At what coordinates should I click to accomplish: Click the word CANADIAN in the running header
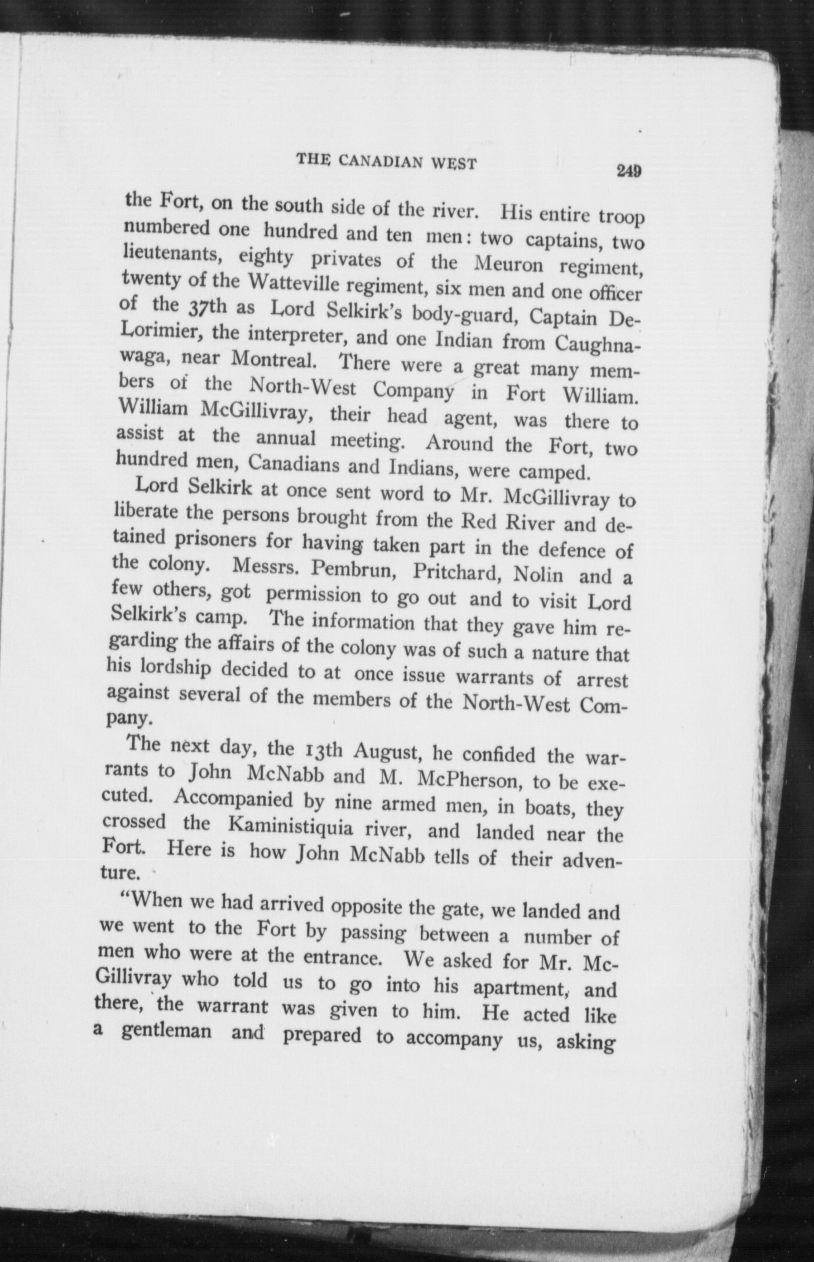point(382,162)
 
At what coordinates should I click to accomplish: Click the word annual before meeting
point(286,439)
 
